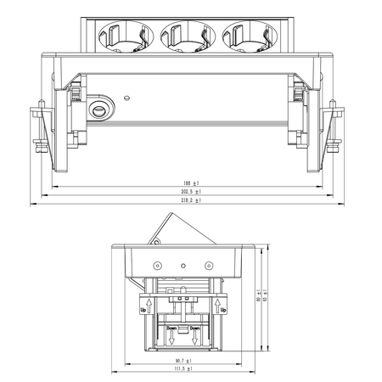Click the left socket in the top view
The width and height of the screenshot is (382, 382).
(x=119, y=36)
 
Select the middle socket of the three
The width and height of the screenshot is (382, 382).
(x=180, y=36)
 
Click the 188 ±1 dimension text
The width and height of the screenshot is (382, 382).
(x=190, y=183)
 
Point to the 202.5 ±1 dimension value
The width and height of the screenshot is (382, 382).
(x=190, y=192)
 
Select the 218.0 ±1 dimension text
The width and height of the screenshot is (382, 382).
(x=190, y=201)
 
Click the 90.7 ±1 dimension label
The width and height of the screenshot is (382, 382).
(x=183, y=361)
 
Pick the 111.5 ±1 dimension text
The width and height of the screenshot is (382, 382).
(x=183, y=370)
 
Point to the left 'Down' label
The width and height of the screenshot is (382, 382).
(x=172, y=328)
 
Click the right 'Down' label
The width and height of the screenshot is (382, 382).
(x=195, y=328)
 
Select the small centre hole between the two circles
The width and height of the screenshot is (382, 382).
(x=183, y=266)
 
